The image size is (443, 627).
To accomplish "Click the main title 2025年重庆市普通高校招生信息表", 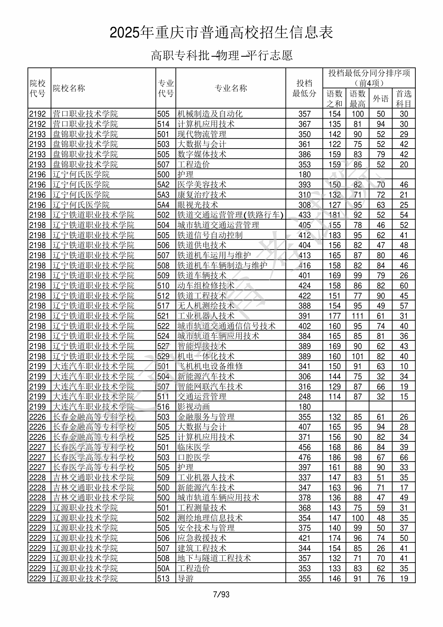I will pyautogui.click(x=221, y=33).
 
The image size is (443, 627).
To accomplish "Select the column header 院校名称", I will pyautogui.click(x=69, y=88).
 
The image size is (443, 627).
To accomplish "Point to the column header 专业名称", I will pyautogui.click(x=231, y=88).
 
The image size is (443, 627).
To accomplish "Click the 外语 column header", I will pyautogui.click(x=380, y=98).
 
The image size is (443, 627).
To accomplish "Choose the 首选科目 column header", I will pyautogui.click(x=404, y=98).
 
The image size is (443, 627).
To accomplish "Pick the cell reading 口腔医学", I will pyautogui.click(x=194, y=457).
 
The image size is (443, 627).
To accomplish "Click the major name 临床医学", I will pyautogui.click(x=194, y=447).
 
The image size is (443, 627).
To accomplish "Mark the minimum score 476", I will pyautogui.click(x=304, y=457).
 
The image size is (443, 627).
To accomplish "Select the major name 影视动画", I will pyautogui.click(x=194, y=407).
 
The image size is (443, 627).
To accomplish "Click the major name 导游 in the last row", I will pyautogui.click(x=185, y=578).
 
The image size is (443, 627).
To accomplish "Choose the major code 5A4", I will pyautogui.click(x=163, y=205).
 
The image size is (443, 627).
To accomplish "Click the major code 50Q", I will pyautogui.click(x=163, y=498).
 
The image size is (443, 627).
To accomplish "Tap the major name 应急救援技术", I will pyautogui.click(x=202, y=538).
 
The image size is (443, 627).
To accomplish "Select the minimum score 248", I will pyautogui.click(x=304, y=396).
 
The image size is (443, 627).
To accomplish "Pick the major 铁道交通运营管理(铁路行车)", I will pyautogui.click(x=230, y=215).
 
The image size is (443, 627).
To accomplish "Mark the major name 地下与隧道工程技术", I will pyautogui.click(x=214, y=558).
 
